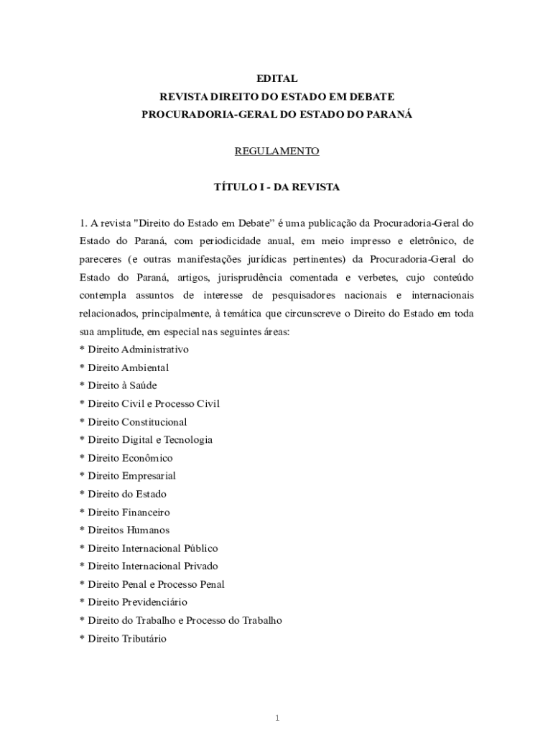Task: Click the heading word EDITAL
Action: tap(276, 78)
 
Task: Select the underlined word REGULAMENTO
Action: tap(276, 151)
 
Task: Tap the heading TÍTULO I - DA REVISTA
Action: tap(276, 187)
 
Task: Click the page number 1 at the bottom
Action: tap(276, 698)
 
